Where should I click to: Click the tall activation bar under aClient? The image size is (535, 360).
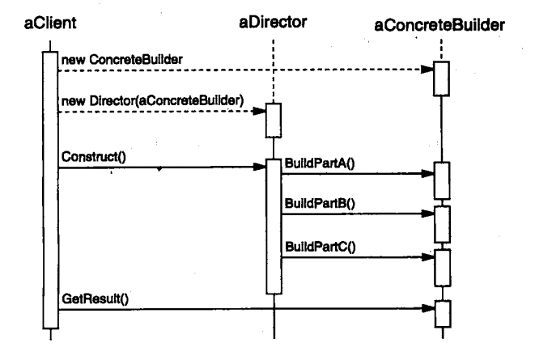pos(49,186)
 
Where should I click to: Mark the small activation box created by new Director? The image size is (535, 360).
pos(274,121)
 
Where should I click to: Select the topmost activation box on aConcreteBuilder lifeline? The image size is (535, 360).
pos(441,78)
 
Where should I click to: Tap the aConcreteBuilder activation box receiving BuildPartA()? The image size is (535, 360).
pos(441,180)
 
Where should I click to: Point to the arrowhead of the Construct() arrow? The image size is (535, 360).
pos(261,168)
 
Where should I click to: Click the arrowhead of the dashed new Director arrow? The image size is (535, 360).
pos(261,111)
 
